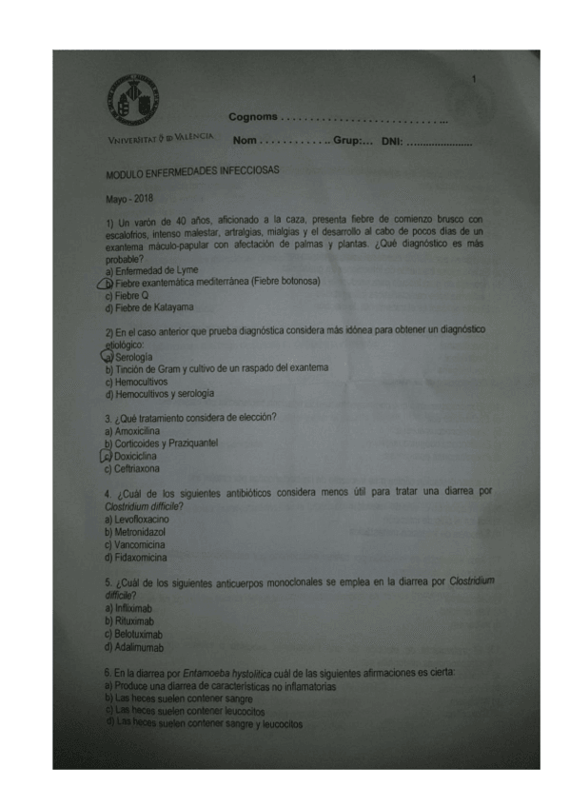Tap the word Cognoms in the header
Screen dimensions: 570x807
253,117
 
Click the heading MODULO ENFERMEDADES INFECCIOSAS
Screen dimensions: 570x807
193,173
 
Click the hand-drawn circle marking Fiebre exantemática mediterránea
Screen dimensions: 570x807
108,282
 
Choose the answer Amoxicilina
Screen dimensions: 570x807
136,431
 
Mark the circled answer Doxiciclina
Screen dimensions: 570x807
133,456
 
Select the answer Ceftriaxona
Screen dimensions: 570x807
135,468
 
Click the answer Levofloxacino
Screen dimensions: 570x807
141,520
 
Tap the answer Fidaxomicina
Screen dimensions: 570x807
142,558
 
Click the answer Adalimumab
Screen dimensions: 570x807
138,646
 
